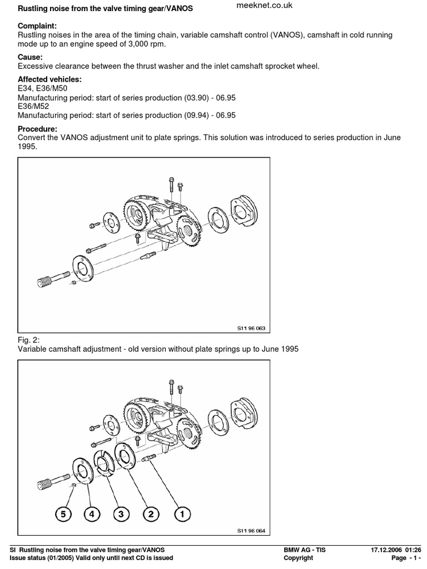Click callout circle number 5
click(x=63, y=515)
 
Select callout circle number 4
click(x=92, y=515)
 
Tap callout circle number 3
click(x=121, y=515)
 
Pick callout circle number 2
click(x=151, y=515)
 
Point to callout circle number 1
click(x=181, y=515)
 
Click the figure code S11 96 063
click(x=251, y=328)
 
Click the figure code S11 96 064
click(x=251, y=531)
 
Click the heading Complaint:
click(x=37, y=26)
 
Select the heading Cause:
click(x=31, y=57)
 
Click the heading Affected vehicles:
click(x=49, y=79)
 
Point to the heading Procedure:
click(x=38, y=128)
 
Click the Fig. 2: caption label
click(x=29, y=340)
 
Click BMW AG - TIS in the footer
click(x=305, y=550)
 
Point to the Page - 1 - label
click(x=406, y=558)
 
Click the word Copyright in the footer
click(x=298, y=558)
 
